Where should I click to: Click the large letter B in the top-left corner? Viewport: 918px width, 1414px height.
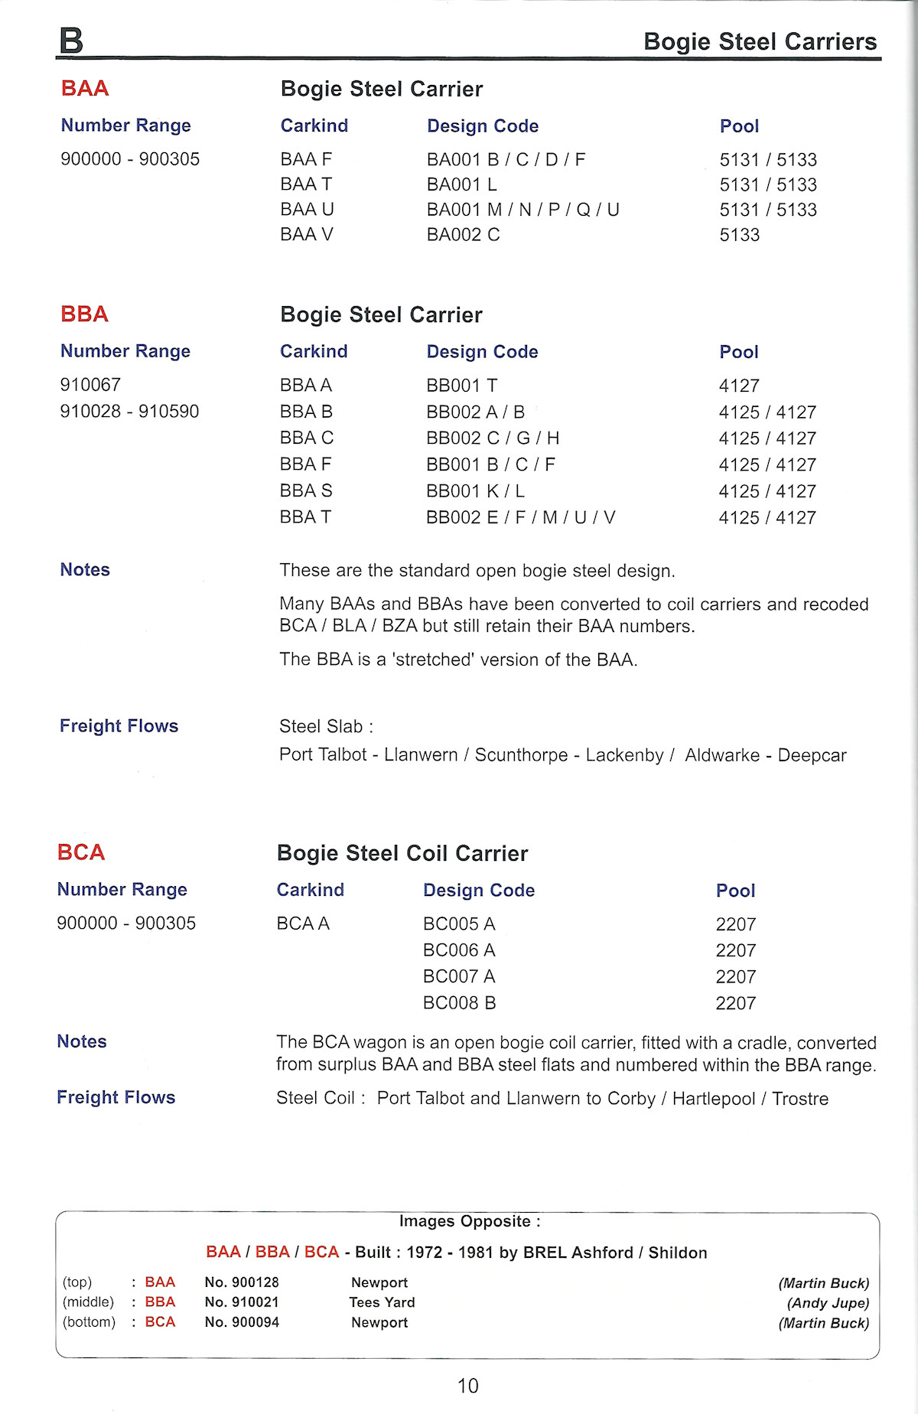[71, 40]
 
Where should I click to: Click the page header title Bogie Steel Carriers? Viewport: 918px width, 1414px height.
[760, 41]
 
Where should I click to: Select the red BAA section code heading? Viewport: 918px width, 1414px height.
[85, 89]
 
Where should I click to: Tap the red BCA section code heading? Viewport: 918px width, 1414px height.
[81, 852]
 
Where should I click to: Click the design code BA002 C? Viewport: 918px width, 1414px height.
[463, 235]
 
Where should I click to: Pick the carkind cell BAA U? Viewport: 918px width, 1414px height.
[307, 210]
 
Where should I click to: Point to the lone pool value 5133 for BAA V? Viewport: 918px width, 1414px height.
[739, 235]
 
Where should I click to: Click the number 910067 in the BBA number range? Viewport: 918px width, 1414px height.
[90, 385]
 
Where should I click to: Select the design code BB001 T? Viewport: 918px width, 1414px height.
[461, 386]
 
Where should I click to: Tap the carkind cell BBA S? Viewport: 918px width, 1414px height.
[306, 490]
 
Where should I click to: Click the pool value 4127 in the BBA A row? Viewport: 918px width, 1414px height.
[738, 386]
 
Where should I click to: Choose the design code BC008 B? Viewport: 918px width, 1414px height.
[459, 1002]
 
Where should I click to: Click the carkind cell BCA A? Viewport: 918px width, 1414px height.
[303, 924]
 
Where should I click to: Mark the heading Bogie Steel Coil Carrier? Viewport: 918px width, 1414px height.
[402, 853]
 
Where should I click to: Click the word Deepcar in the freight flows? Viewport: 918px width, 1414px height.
[812, 755]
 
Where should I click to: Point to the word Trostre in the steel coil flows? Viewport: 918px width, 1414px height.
[800, 1099]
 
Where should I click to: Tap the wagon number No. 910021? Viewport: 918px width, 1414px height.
[242, 1302]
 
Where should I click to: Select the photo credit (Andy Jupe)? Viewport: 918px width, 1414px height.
[828, 1303]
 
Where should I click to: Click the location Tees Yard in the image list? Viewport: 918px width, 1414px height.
[382, 1302]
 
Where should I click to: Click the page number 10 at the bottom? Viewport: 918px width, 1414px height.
[467, 1386]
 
